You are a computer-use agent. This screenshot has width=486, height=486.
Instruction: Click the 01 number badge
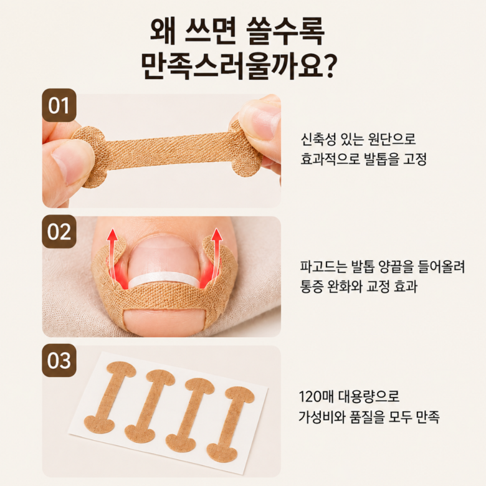59,105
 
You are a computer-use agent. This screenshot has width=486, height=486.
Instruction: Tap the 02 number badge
59,232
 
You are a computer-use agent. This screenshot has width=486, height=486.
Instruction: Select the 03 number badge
59,361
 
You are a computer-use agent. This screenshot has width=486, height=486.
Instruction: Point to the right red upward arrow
216,255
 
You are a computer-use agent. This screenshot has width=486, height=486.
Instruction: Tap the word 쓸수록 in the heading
285,32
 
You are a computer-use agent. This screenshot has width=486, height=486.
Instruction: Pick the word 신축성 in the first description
318,140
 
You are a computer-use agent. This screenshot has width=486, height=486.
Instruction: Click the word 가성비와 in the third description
322,417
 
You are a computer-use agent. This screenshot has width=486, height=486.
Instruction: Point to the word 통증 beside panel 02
310,287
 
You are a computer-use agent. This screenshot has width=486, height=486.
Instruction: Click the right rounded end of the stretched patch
245,149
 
